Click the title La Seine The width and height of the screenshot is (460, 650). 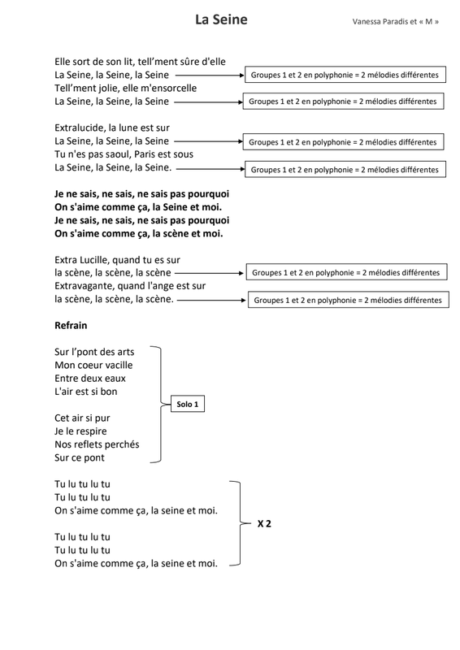[221, 19]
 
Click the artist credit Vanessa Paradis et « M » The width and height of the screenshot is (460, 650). [396, 21]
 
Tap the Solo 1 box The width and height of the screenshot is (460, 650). [187, 404]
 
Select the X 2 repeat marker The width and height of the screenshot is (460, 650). [263, 523]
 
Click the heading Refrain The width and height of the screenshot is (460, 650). [71, 325]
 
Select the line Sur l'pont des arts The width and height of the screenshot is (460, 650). [94, 352]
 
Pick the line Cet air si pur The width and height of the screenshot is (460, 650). [82, 418]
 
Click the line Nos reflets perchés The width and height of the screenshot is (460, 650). [97, 444]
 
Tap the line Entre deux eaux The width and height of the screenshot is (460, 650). [90, 378]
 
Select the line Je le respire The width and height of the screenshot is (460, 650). [80, 431]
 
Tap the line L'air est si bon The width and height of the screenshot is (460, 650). [85, 391]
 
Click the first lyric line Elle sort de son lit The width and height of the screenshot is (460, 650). [140, 61]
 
